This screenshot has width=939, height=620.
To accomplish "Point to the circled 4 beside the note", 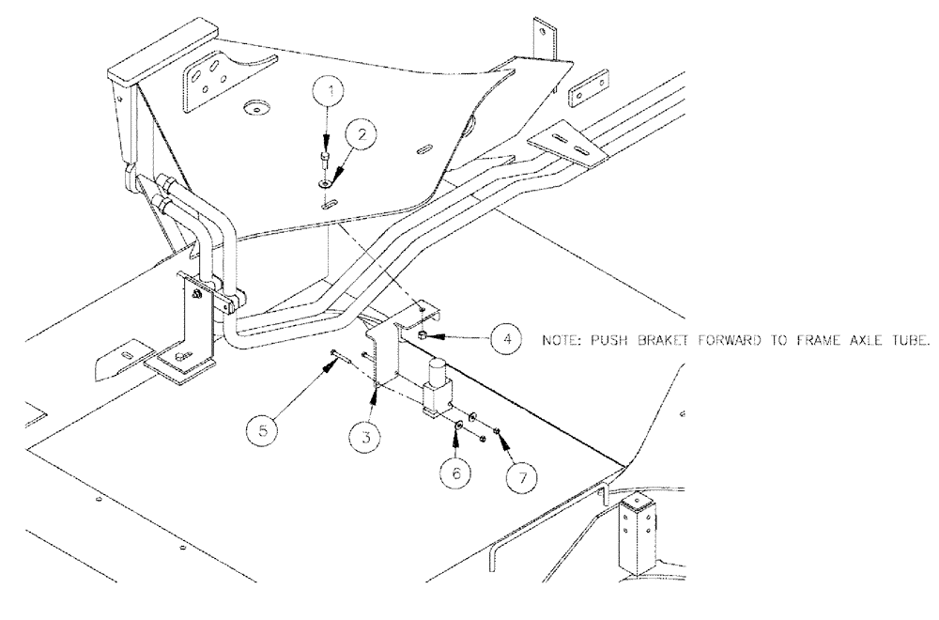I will (504, 337).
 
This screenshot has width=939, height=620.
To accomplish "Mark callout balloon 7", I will (521, 475).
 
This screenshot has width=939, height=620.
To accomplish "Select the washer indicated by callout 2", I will (325, 171).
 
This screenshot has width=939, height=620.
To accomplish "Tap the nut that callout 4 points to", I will (425, 335).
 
